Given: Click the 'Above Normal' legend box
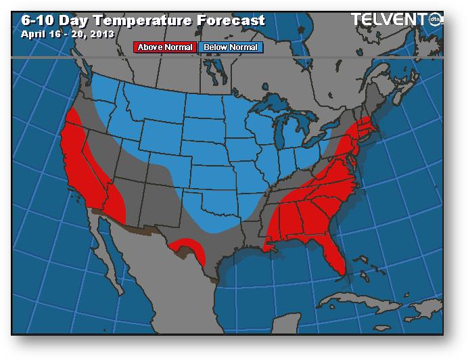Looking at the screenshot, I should [166, 47].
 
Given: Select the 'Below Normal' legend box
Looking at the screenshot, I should [229, 47].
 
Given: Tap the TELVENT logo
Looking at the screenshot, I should [396, 19].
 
